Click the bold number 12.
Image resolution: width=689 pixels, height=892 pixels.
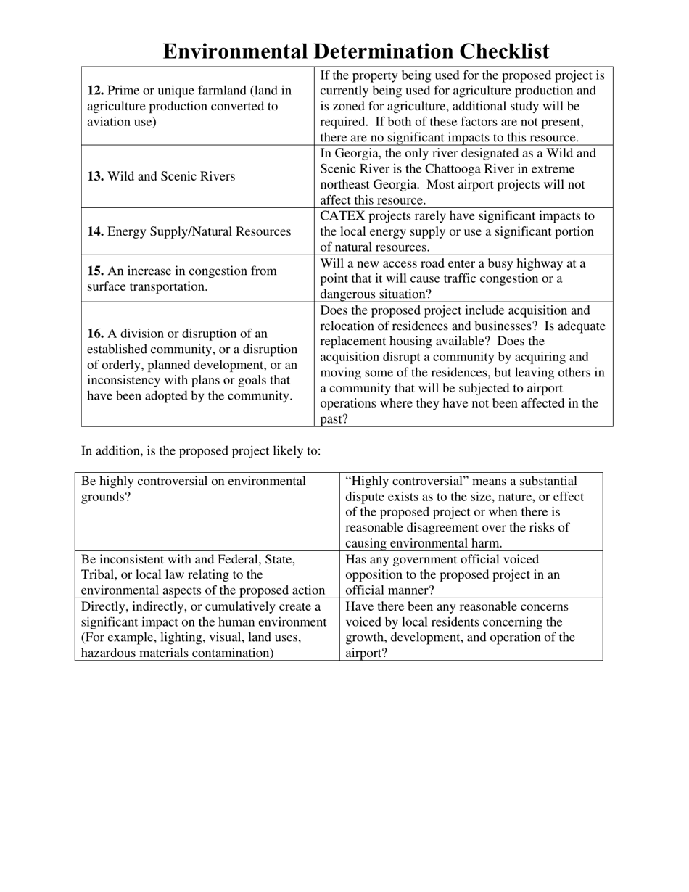(x=95, y=91)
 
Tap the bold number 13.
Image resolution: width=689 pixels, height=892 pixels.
(x=95, y=176)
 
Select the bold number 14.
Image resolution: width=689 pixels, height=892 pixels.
(x=95, y=231)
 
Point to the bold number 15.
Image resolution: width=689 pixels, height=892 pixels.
(x=95, y=271)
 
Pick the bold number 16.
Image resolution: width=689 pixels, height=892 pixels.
(x=95, y=334)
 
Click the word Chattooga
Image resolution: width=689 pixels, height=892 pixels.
(x=463, y=169)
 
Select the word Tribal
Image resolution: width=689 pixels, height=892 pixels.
(x=99, y=574)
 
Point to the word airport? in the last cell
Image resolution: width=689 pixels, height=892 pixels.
(x=367, y=653)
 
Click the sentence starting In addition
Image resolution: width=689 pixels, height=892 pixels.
(x=200, y=450)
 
